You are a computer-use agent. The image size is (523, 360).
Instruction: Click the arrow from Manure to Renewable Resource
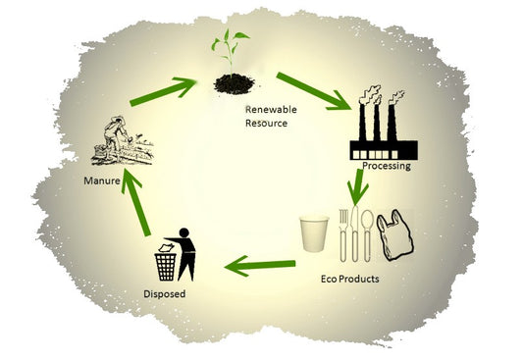coord(163,91)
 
